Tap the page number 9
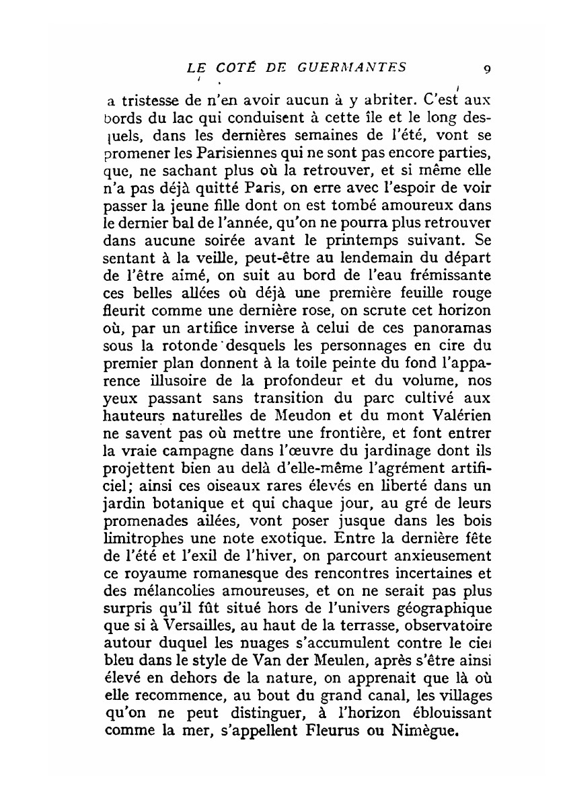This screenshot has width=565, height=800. click(x=486, y=69)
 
